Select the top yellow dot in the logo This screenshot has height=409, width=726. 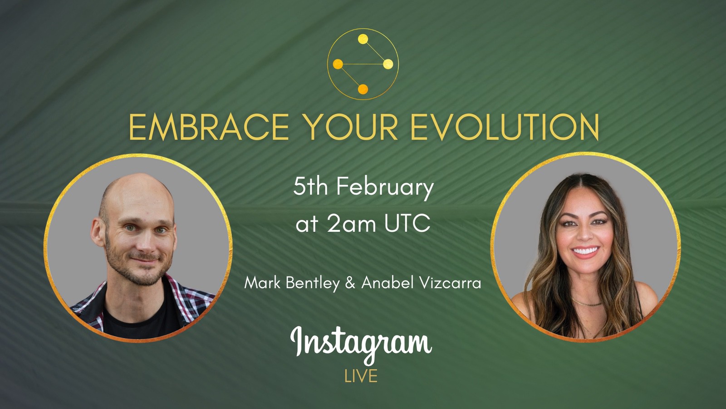click(363, 40)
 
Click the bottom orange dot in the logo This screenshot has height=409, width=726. click(363, 89)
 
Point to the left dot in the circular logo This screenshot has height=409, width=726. click(338, 64)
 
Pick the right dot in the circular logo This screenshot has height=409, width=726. click(388, 65)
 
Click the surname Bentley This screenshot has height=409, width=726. click(313, 283)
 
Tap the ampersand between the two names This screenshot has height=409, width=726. click(350, 283)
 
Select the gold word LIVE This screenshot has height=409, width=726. click(361, 376)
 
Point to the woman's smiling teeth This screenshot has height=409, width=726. click(585, 251)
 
